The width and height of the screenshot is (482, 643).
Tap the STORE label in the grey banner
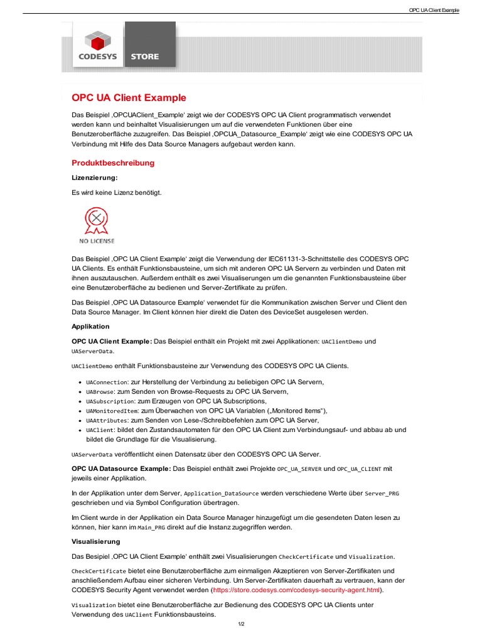point(144,57)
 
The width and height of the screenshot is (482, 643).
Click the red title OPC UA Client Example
point(129,98)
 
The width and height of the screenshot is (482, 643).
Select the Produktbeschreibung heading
point(113,163)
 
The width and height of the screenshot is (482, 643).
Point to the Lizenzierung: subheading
point(95,178)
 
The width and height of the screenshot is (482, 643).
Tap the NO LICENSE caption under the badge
point(97,240)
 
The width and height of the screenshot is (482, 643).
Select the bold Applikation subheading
point(90,327)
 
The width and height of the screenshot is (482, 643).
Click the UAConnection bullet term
point(107,382)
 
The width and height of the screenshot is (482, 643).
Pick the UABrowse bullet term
point(100,392)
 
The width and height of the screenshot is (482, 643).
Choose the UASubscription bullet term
point(110,401)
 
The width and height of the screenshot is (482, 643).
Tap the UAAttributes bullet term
point(107,420)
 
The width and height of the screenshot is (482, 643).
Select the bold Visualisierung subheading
point(95,541)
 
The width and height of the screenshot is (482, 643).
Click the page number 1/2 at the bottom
point(241,624)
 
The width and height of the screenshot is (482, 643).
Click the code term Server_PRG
point(382,494)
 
